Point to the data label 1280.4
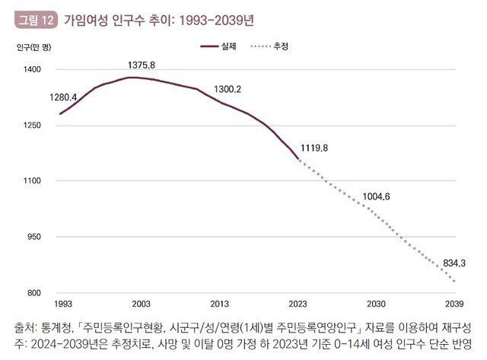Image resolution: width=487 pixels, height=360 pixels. point(64,97)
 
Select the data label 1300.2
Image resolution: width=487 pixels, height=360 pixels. point(228,89)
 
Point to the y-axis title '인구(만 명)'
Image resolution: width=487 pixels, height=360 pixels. point(33,47)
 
